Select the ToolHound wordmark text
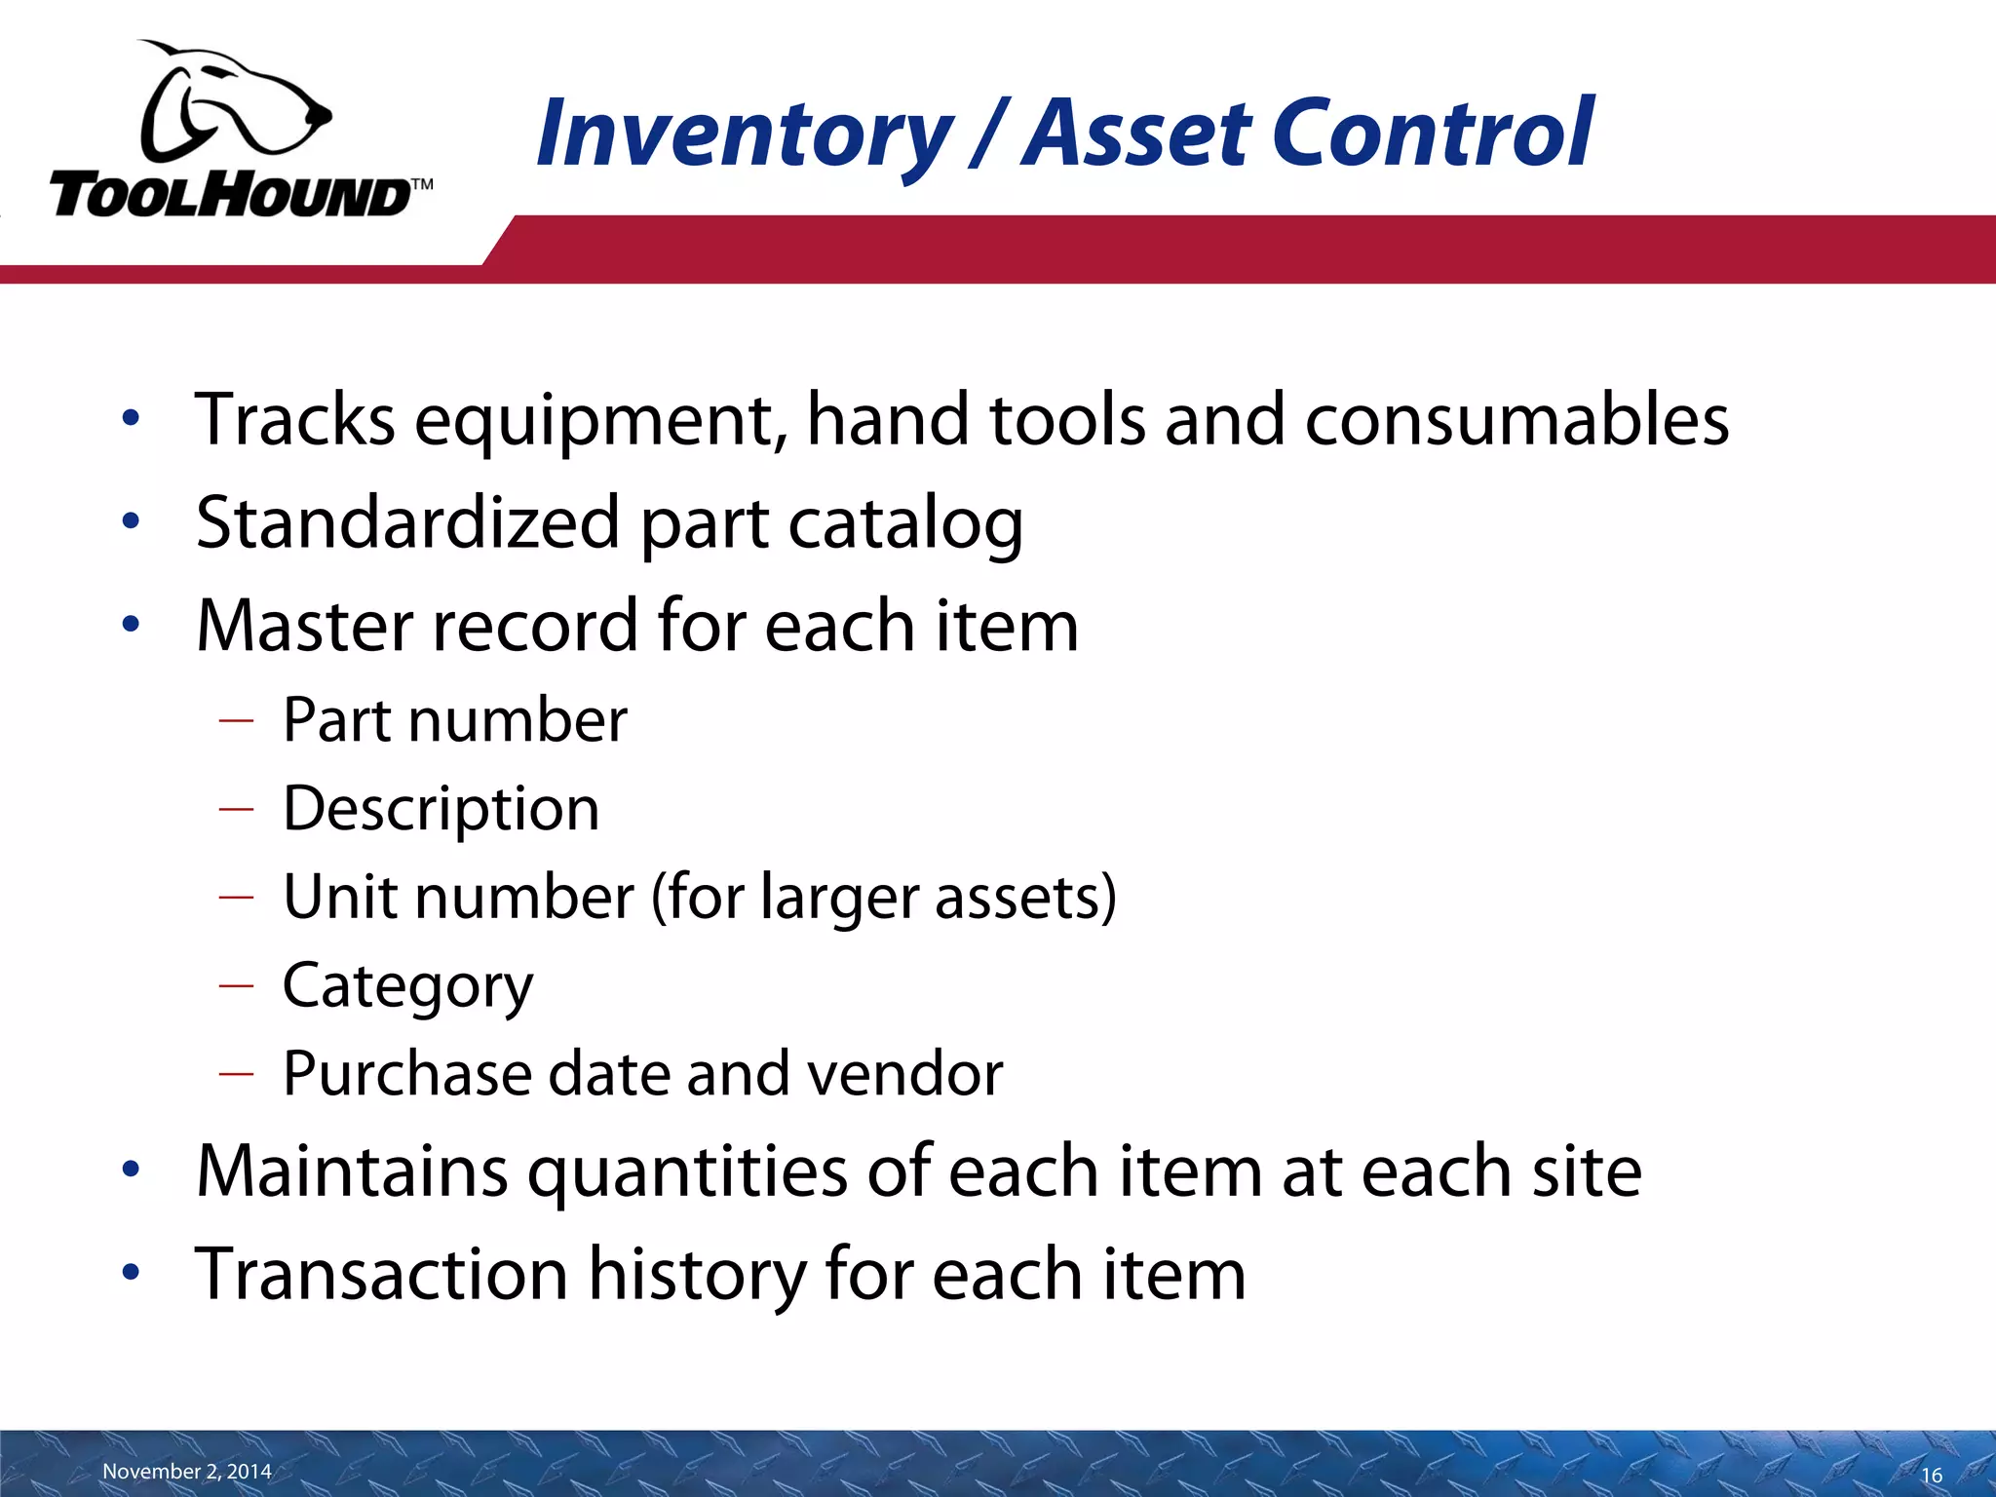(229, 195)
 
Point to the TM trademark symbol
(421, 184)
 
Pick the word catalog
(905, 523)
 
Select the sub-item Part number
(455, 720)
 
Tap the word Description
(441, 809)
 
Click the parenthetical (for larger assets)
(883, 897)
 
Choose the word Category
(407, 986)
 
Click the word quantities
(687, 1171)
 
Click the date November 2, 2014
(187, 1471)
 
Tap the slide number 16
(1932, 1476)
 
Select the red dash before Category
(237, 985)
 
